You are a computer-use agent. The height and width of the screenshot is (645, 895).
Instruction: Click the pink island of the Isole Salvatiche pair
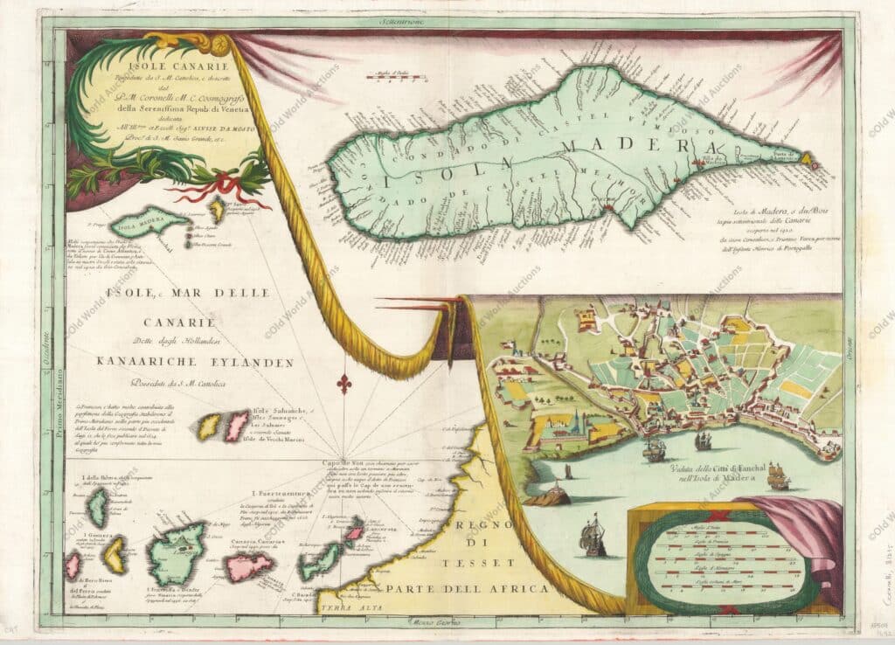click(237, 426)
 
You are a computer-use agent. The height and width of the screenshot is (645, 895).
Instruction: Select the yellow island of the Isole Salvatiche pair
click(211, 427)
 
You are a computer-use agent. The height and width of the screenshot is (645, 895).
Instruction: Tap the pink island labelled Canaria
click(250, 567)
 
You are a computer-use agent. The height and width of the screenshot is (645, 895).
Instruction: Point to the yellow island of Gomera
click(114, 555)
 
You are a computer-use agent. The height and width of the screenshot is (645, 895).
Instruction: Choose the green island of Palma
click(99, 508)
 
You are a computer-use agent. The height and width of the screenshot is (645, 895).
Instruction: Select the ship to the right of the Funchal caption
click(777, 477)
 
